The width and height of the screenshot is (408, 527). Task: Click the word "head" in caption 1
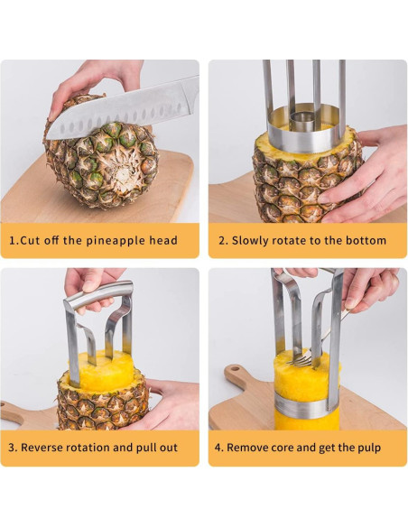(162, 241)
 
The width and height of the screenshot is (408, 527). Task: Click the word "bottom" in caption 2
(365, 241)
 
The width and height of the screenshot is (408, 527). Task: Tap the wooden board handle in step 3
(23, 414)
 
